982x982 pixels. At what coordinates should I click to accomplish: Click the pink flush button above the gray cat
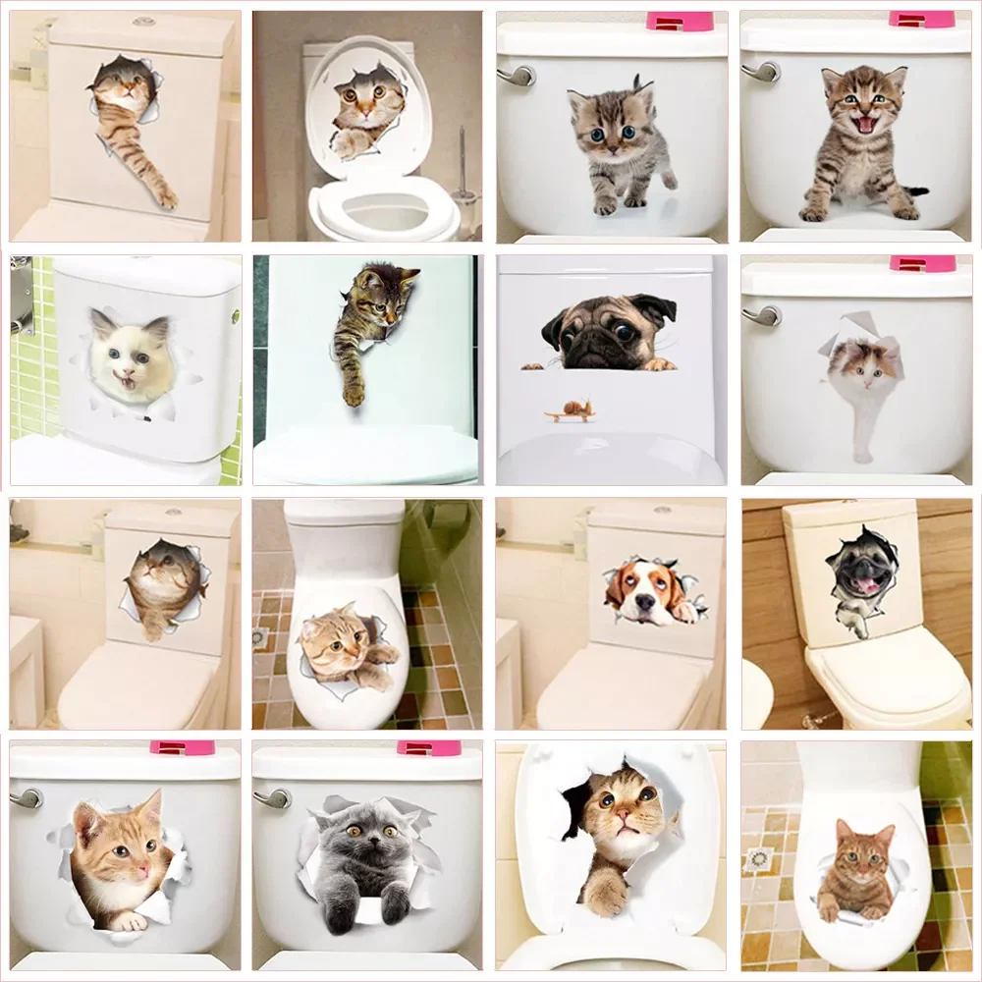428,748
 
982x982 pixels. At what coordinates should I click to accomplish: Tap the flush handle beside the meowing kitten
759,71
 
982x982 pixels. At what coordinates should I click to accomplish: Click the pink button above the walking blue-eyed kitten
679,21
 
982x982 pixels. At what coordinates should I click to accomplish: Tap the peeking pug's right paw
660,363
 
